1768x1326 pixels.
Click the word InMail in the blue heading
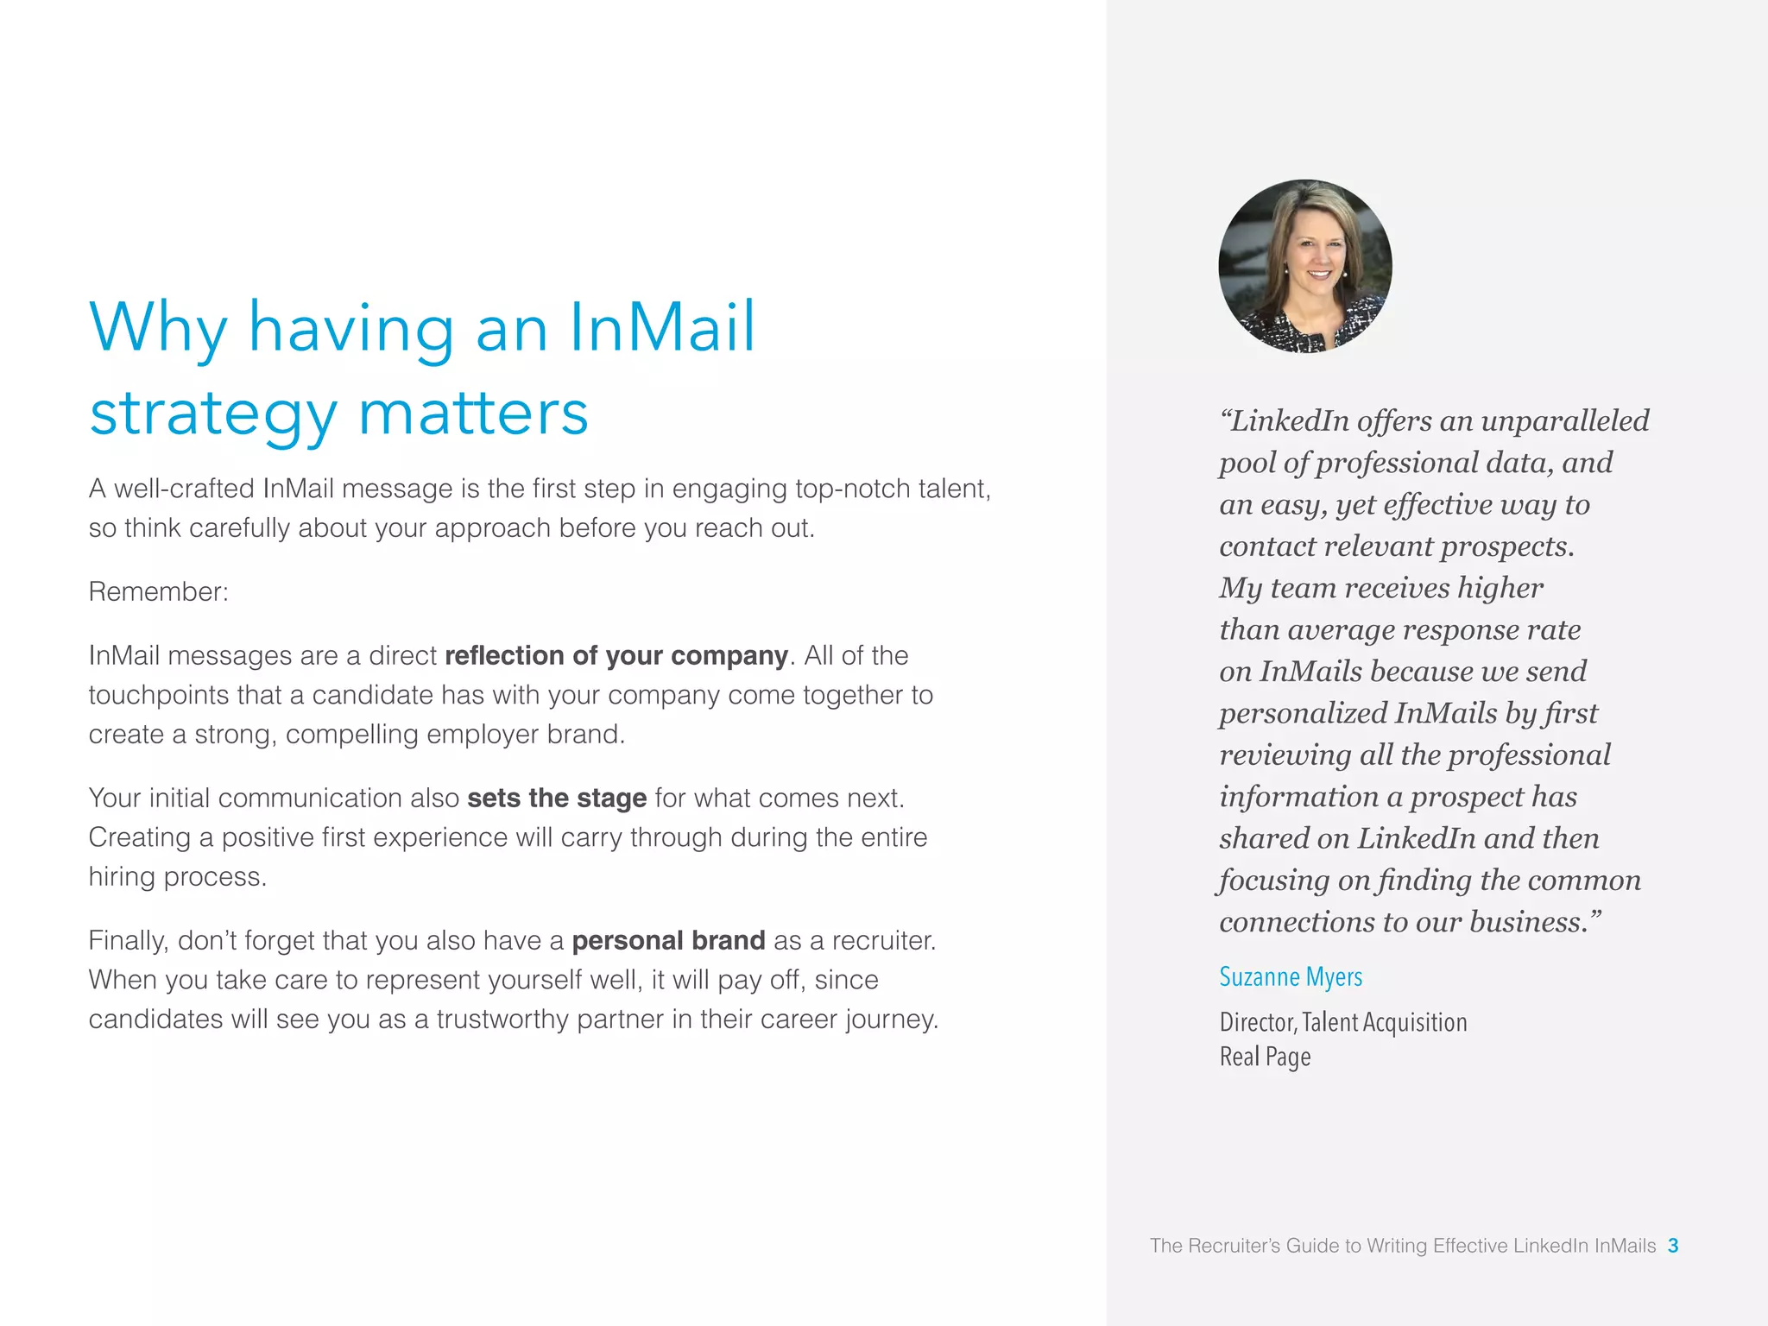661,328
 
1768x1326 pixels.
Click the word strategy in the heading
213,414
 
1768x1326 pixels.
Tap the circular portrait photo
1304,266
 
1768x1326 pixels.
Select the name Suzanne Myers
1291,976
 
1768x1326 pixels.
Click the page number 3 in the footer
1673,1246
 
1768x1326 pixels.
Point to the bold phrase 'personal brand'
668,940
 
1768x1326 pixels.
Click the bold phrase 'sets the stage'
557,798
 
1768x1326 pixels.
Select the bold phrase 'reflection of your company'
616,655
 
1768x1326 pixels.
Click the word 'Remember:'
159,591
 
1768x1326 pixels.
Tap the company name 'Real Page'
1265,1057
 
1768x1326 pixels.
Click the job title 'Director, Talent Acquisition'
1343,1022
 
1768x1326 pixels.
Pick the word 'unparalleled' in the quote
1564,420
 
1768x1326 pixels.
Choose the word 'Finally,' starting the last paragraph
129,940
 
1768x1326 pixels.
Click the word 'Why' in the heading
158,328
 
